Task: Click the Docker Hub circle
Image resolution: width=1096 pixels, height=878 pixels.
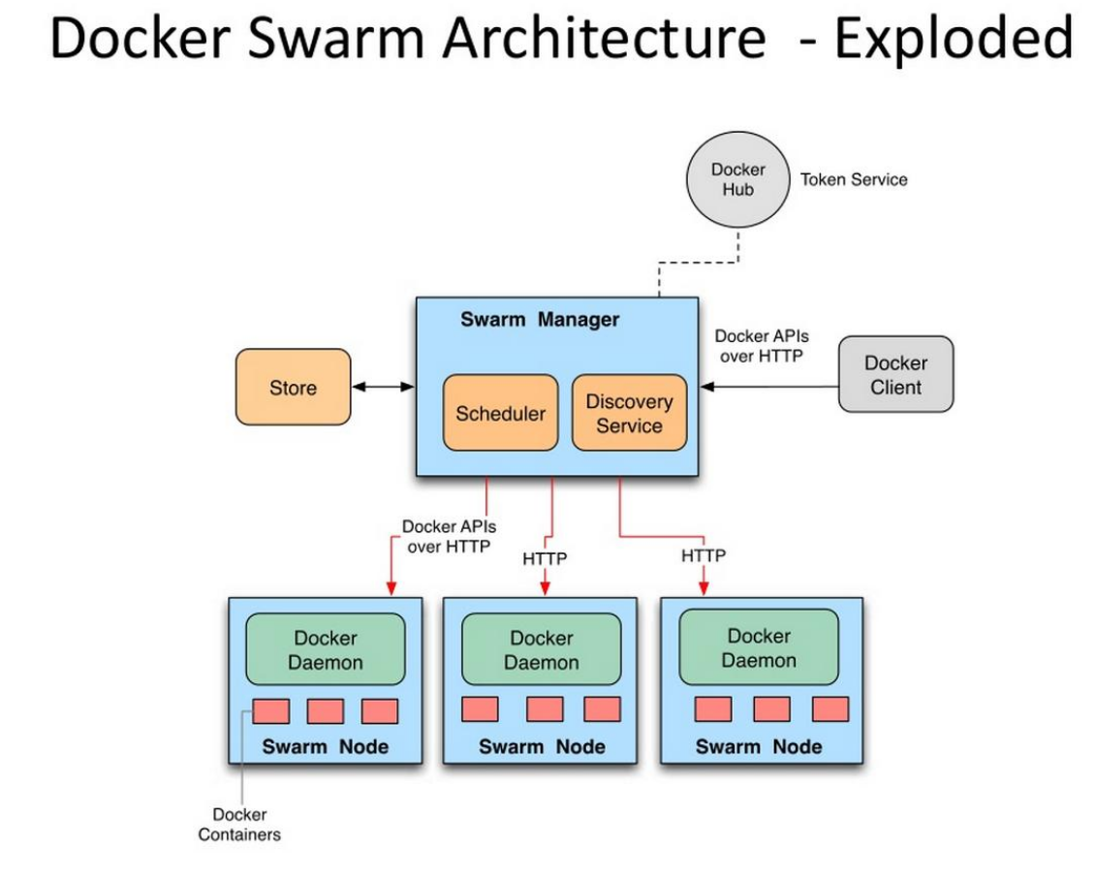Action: click(x=737, y=179)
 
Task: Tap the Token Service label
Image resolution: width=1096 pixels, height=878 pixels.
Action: click(x=853, y=179)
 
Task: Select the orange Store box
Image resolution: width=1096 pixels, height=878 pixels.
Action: click(x=293, y=388)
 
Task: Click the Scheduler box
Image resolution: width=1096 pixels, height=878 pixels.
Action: click(x=500, y=414)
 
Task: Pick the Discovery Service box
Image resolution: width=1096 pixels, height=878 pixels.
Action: click(x=629, y=414)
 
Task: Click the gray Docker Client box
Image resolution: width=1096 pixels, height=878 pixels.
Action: click(x=895, y=375)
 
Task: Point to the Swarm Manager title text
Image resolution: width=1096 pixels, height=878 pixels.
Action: click(x=539, y=320)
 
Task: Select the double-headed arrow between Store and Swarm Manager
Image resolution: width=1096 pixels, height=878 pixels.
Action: click(x=383, y=388)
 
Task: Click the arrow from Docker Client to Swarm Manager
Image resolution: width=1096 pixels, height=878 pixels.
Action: click(x=770, y=387)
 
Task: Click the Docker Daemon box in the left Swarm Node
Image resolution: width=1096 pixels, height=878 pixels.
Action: click(x=327, y=650)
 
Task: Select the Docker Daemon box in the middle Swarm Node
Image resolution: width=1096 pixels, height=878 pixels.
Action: click(x=541, y=650)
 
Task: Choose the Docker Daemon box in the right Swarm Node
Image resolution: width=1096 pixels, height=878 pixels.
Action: click(x=758, y=648)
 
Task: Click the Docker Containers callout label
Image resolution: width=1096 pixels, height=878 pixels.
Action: click(x=239, y=825)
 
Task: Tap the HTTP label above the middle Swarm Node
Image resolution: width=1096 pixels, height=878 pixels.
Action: click(x=545, y=559)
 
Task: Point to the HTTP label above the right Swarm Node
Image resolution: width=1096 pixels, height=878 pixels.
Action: click(x=703, y=556)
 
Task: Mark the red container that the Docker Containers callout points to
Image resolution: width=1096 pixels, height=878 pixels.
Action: click(x=271, y=711)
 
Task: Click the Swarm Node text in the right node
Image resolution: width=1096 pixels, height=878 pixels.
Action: click(x=758, y=747)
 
